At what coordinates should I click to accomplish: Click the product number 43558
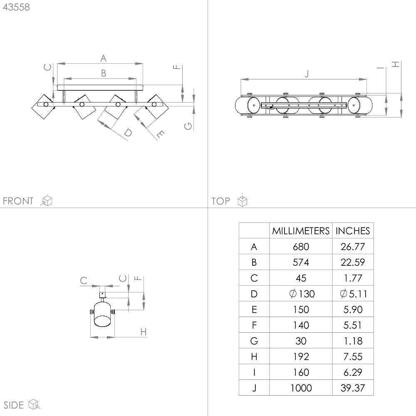16,7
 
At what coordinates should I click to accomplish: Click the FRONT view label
18,201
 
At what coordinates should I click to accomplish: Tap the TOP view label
220,201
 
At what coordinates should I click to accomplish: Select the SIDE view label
14,405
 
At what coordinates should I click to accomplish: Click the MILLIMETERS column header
301,230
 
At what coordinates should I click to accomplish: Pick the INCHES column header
353,230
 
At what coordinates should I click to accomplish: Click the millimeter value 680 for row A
301,246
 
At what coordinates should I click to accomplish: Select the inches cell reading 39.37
353,388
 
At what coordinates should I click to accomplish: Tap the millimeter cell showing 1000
301,388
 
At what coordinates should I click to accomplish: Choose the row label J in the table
254,388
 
